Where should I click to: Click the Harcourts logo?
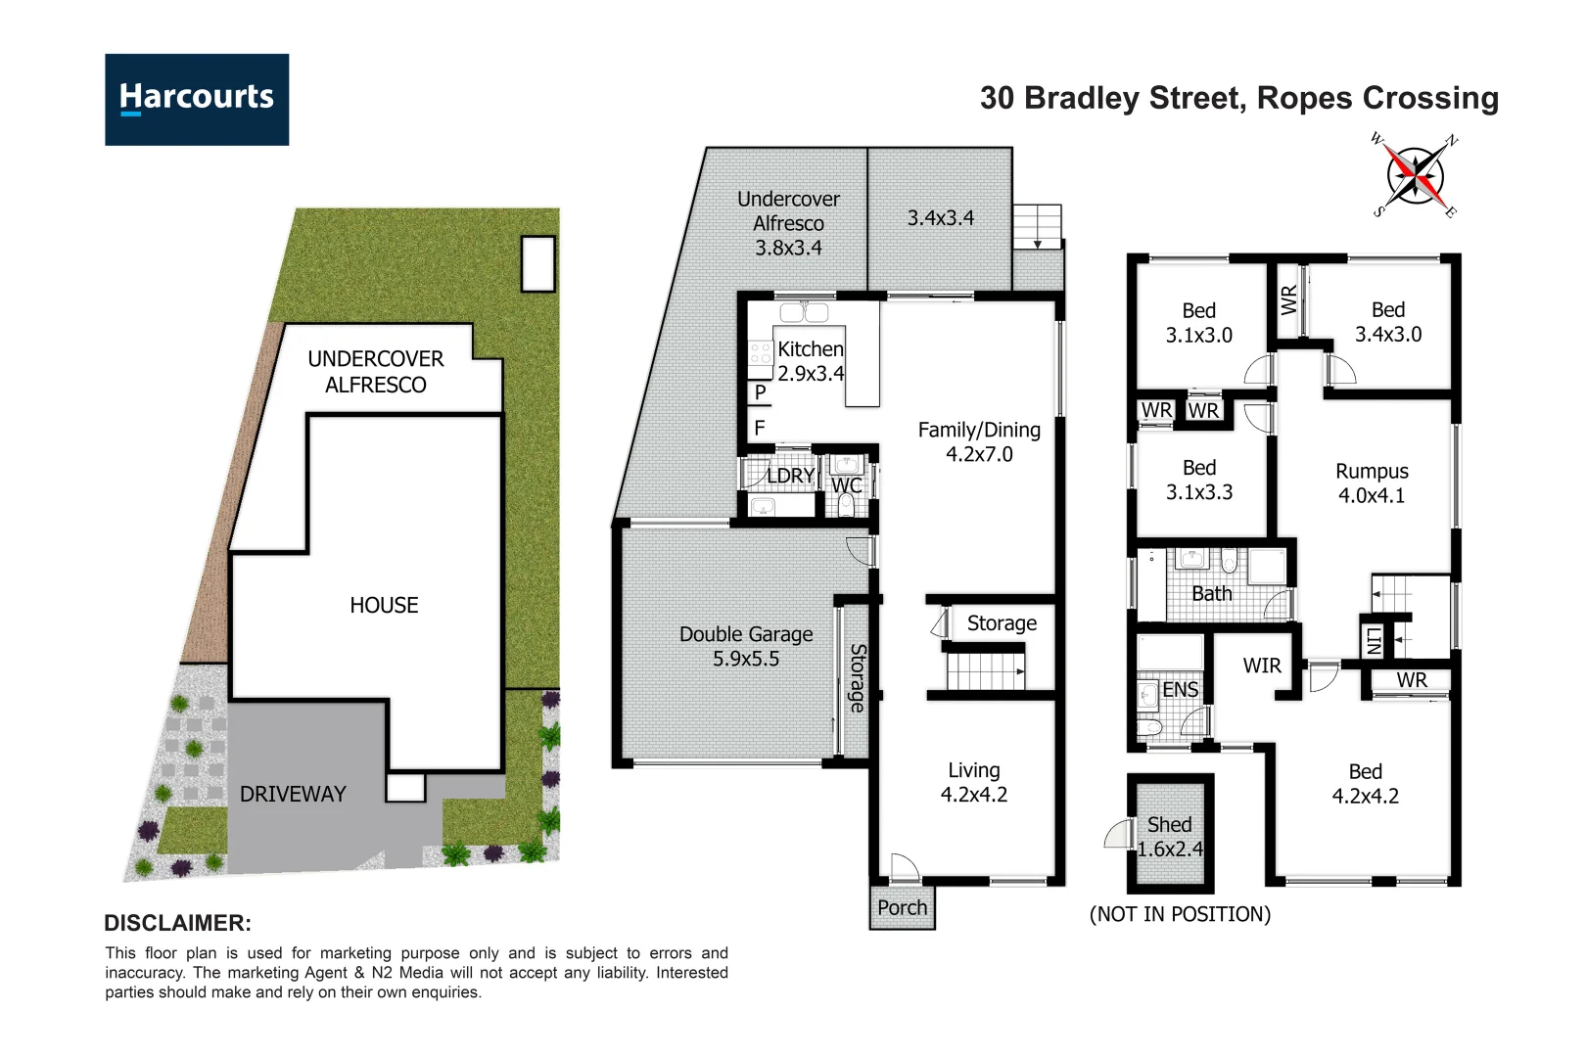(x=197, y=100)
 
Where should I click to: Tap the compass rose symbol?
(x=1416, y=177)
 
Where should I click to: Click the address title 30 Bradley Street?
(x=1238, y=98)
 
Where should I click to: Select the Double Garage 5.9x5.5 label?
(x=746, y=646)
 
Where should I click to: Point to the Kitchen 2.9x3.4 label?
(x=811, y=361)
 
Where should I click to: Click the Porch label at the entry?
(x=902, y=908)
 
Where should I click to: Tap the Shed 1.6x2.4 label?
(x=1170, y=837)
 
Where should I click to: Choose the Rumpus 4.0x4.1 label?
(x=1372, y=483)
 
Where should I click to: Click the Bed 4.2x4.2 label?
(x=1365, y=784)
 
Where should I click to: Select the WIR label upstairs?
(x=1262, y=666)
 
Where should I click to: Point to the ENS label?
(x=1180, y=690)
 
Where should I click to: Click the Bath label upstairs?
(x=1211, y=593)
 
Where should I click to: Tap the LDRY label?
(x=790, y=476)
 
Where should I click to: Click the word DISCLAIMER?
(x=177, y=923)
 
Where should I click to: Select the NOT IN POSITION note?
(x=1180, y=914)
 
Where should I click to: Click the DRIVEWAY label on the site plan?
(x=293, y=794)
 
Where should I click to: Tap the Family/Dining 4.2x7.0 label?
(x=979, y=441)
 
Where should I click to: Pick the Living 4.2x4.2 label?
(x=974, y=782)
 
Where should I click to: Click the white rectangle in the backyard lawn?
(x=538, y=263)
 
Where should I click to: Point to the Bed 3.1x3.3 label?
(x=1198, y=480)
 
